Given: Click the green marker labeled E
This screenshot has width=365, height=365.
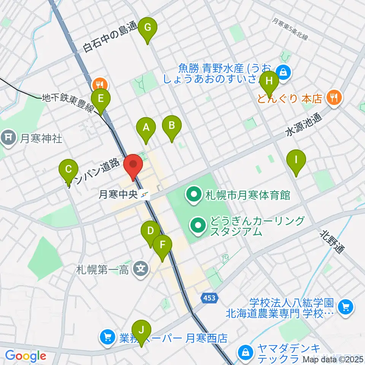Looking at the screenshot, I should [x=101, y=100].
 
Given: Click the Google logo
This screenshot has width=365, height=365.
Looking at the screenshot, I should [x=25, y=356].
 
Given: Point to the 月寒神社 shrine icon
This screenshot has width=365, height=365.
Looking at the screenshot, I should [x=9, y=137].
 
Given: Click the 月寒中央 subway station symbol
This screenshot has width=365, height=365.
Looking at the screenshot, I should [x=145, y=195].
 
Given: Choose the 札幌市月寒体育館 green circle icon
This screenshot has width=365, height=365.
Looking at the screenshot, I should [x=194, y=195].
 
